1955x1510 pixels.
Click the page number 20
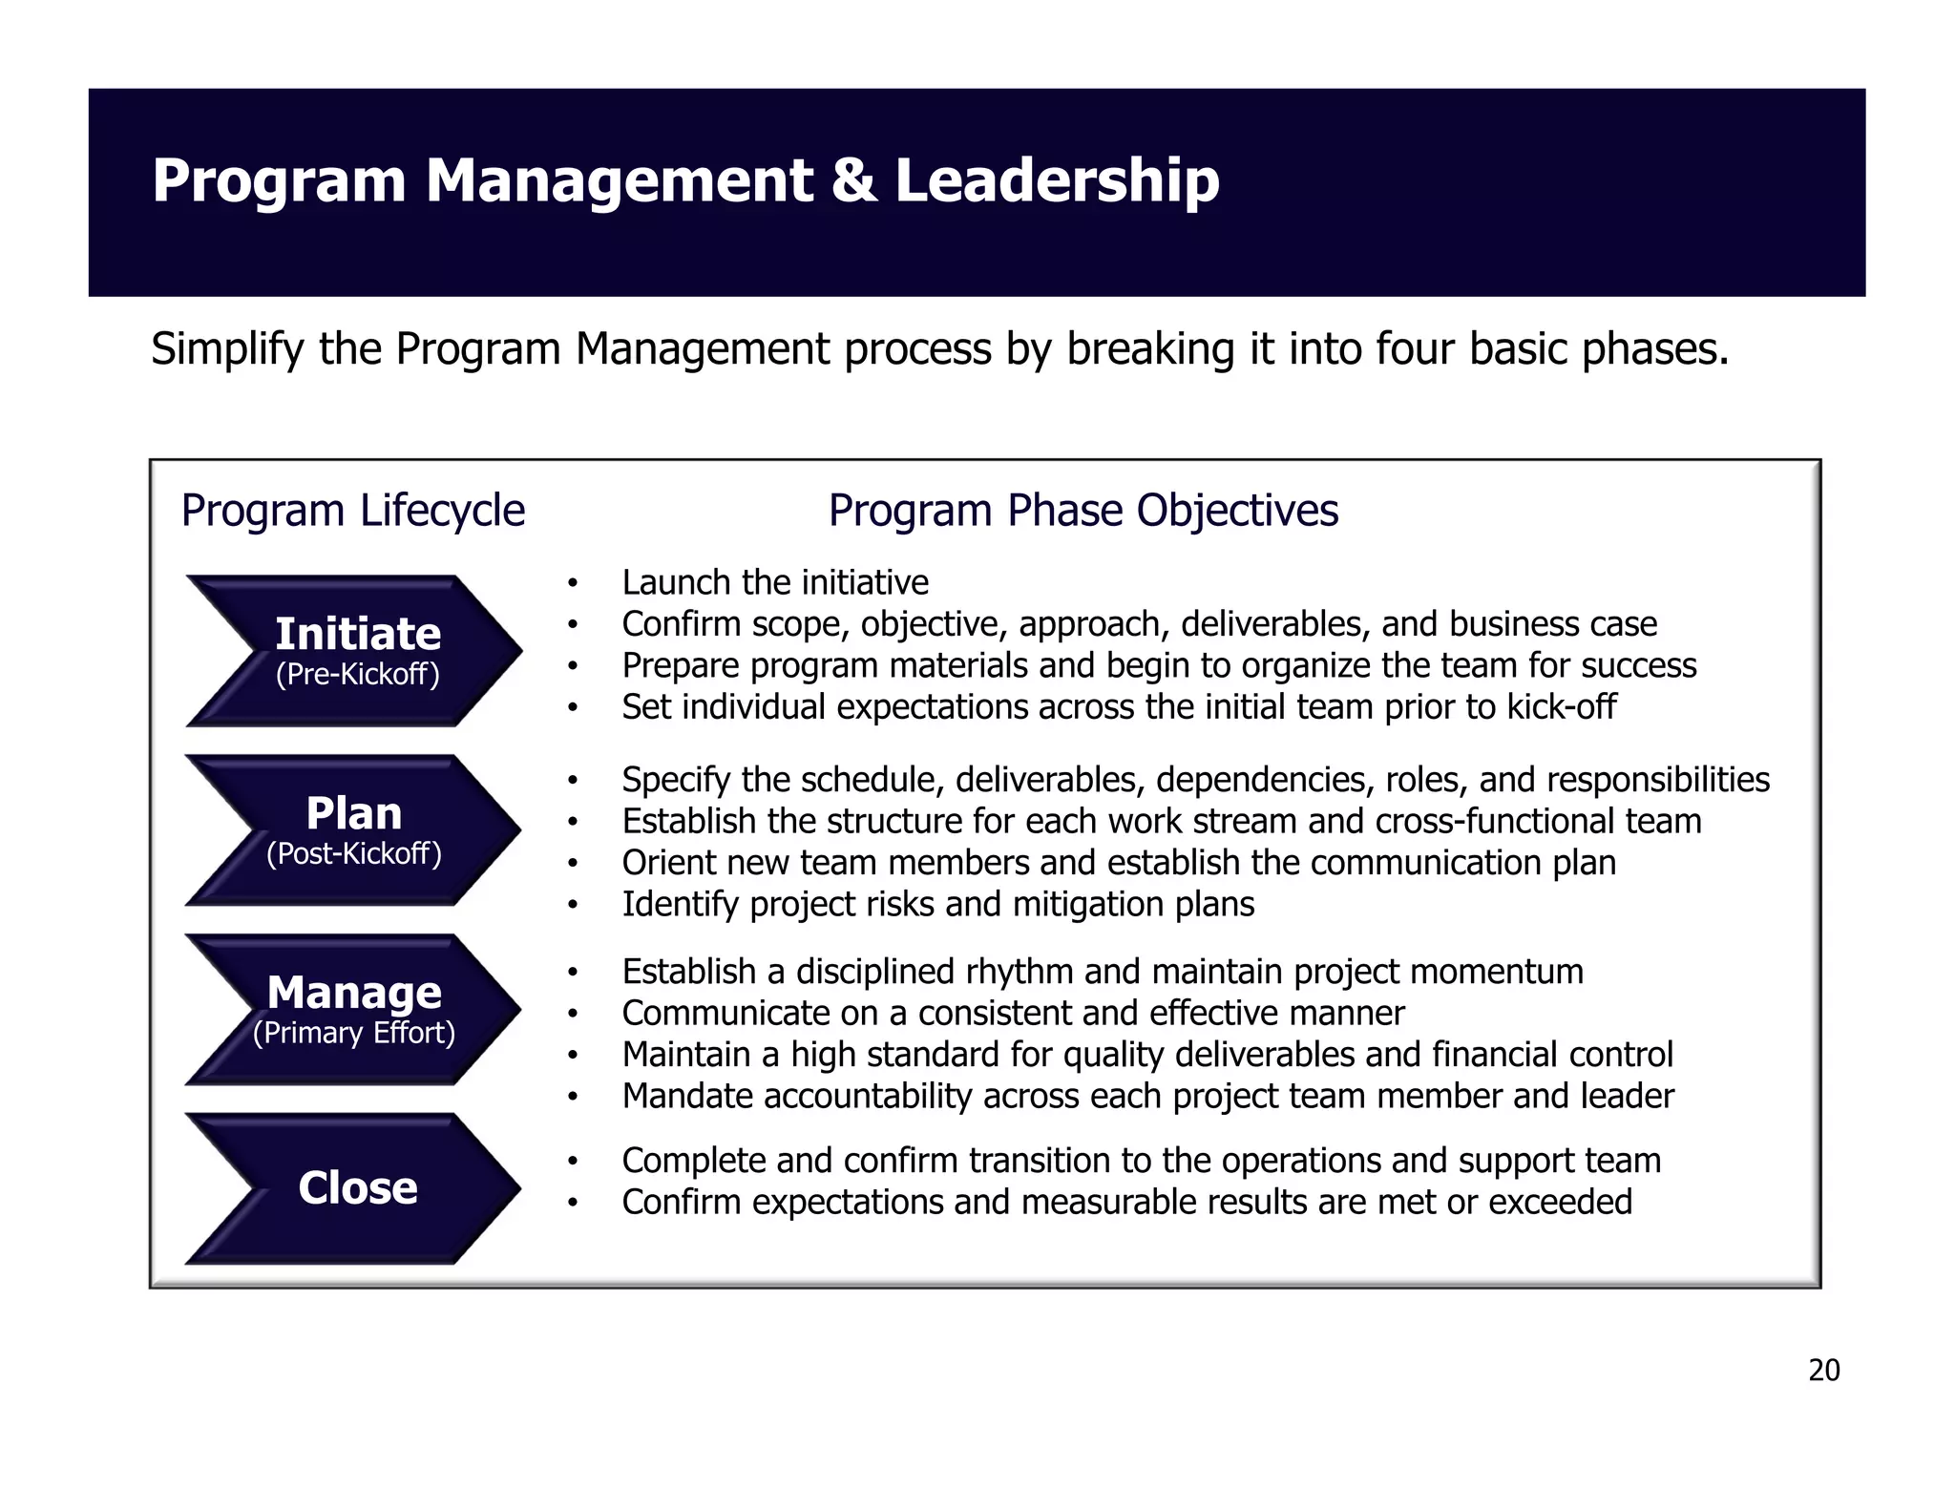click(x=1823, y=1371)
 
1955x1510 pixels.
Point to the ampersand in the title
click(x=852, y=180)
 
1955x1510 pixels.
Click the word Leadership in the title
click(x=1057, y=180)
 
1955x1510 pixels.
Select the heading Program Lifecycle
click(x=352, y=511)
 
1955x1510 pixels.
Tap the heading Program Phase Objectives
click(x=1083, y=511)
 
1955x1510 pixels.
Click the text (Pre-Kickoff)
click(x=357, y=675)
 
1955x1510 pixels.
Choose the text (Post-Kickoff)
click(x=353, y=853)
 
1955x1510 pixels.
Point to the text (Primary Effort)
click(x=353, y=1033)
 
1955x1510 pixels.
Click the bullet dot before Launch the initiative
click(x=572, y=583)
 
